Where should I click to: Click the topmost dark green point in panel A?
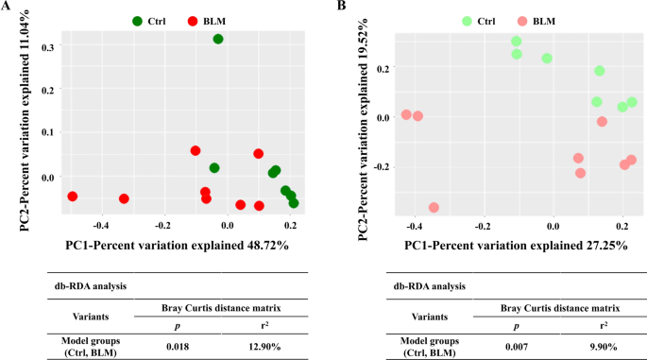point(218,39)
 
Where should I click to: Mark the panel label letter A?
point(7,7)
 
